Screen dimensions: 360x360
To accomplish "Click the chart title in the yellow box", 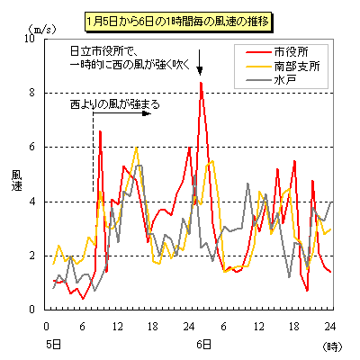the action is click(x=179, y=22).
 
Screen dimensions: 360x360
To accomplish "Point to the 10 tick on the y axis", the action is click(x=31, y=39).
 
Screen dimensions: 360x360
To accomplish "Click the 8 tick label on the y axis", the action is click(x=32, y=93).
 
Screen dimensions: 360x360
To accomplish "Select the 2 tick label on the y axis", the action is click(x=32, y=256).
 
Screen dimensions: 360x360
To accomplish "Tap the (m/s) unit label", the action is click(x=42, y=30).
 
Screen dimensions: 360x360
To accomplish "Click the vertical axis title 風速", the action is click(x=17, y=180).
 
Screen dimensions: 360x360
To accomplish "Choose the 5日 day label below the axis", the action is click(x=54, y=345).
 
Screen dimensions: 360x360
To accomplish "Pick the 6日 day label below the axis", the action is click(x=204, y=345).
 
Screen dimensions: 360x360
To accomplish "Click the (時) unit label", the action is click(x=332, y=346).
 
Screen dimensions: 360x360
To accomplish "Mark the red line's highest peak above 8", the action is click(x=201, y=82).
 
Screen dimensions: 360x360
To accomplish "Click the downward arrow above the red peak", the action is click(x=200, y=62).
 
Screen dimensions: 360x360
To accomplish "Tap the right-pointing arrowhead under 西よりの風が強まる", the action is click(x=147, y=113).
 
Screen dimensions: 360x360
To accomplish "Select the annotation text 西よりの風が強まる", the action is click(x=115, y=104).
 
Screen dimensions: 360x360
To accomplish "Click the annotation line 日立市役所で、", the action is click(x=103, y=51).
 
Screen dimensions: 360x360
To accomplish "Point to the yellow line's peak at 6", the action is click(x=137, y=148).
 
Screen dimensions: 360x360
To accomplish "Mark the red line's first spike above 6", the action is click(x=100, y=131).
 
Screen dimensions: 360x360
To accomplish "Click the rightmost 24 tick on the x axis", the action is click(x=330, y=327).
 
